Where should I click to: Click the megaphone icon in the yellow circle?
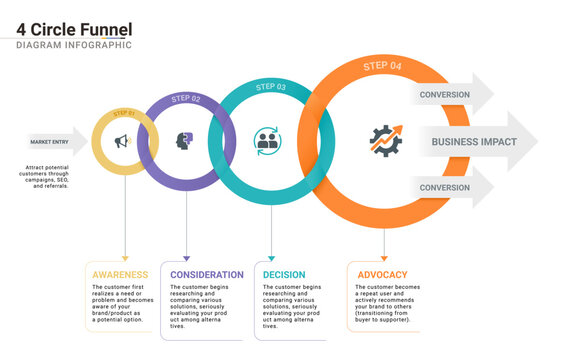(x=122, y=142)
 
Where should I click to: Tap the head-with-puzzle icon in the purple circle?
(x=184, y=141)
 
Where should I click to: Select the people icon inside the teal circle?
(x=267, y=140)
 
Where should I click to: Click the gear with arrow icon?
(x=385, y=141)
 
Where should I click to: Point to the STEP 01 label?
(x=126, y=113)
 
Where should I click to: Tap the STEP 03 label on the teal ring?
(x=270, y=87)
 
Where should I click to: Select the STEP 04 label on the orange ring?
(x=383, y=65)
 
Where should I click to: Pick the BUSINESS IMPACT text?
(x=474, y=142)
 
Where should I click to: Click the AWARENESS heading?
(x=120, y=274)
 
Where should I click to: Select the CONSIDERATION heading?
(x=207, y=274)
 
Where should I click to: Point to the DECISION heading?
(x=284, y=274)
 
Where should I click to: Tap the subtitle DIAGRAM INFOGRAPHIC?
(x=74, y=45)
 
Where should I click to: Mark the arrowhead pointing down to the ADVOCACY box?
(x=385, y=258)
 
